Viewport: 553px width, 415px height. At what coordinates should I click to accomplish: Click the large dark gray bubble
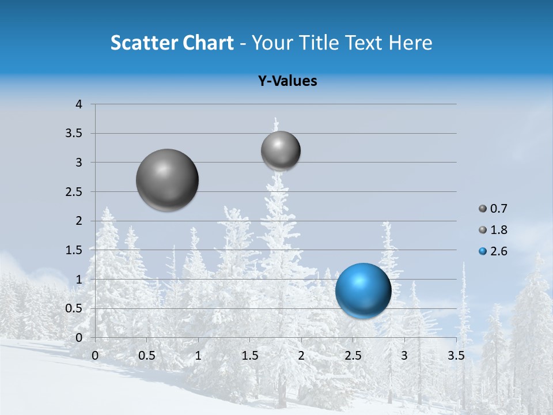tap(168, 180)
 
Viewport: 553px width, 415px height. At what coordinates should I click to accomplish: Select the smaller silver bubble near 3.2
tap(281, 150)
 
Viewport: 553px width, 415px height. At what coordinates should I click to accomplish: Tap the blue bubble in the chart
tap(363, 290)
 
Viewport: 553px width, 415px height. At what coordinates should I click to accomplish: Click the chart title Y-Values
tap(287, 81)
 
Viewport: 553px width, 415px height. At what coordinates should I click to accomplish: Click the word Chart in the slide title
tap(209, 43)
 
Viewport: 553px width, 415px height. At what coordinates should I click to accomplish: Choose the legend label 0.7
tap(498, 209)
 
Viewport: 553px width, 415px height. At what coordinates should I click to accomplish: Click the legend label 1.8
tap(498, 230)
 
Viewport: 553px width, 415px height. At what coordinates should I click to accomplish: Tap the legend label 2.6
tap(498, 251)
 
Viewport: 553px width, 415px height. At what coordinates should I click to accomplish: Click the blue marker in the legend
tap(483, 251)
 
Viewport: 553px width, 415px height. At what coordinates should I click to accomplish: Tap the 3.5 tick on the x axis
tap(456, 356)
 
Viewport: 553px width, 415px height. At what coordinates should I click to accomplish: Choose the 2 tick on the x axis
tap(301, 356)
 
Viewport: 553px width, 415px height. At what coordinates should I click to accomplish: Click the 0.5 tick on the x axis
tap(147, 356)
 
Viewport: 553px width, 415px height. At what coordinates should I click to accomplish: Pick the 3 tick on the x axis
tap(404, 356)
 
